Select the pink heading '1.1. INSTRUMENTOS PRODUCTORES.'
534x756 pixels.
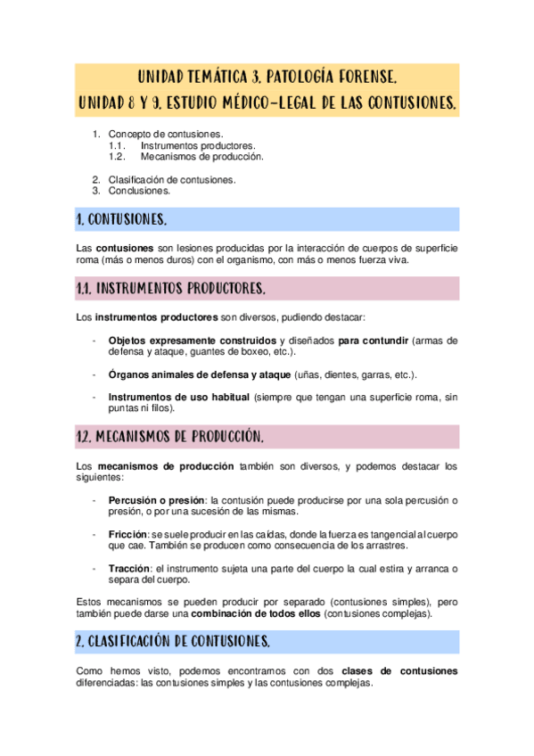170,289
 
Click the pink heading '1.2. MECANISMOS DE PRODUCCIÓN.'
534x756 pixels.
169,437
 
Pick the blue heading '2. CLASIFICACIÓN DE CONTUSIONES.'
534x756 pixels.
173,641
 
